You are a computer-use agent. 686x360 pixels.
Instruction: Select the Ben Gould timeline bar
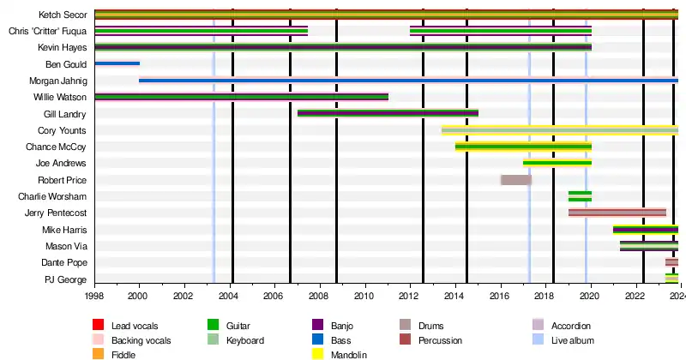tap(117, 63)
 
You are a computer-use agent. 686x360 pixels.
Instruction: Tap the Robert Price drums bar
tap(516, 180)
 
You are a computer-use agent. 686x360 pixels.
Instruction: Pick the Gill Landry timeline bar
tap(388, 113)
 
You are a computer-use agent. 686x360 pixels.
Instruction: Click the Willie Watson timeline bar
tap(241, 97)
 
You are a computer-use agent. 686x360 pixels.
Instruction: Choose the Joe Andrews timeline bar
tap(557, 162)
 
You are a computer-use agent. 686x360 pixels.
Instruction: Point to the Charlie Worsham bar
tap(580, 196)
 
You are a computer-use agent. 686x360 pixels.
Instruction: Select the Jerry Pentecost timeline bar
tap(617, 213)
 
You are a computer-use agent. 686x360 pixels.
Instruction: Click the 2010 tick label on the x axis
tap(364, 297)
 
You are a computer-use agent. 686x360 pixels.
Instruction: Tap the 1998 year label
tap(94, 297)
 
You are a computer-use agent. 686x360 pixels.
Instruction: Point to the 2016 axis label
tap(500, 297)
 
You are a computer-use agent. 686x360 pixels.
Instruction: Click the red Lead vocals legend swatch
tap(98, 326)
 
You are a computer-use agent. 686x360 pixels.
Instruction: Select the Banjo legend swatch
tap(318, 326)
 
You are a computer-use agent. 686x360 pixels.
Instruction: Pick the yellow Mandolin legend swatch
tap(318, 355)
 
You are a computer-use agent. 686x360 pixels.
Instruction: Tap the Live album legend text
tap(573, 340)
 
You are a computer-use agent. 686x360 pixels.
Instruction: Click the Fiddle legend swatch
tap(98, 355)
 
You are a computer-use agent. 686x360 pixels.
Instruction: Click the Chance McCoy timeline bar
tap(523, 147)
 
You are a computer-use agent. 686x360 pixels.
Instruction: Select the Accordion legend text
tap(571, 326)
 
